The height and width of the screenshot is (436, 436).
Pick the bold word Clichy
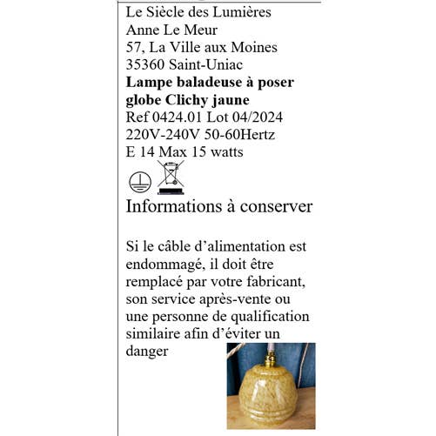tap(192, 99)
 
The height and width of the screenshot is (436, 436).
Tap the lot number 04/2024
tap(253, 117)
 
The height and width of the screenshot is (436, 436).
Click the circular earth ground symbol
tap(136, 181)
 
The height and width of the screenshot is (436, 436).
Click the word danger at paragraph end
tap(146, 352)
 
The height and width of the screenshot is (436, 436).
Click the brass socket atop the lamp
tap(270, 355)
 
